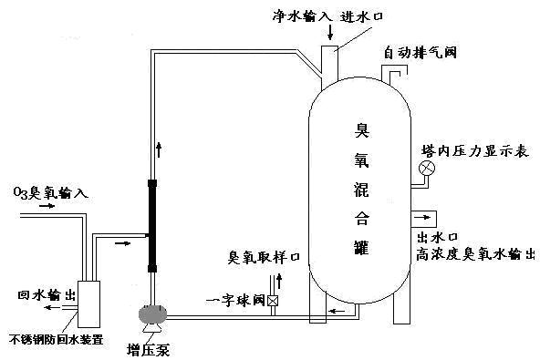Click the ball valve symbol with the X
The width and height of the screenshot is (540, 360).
coord(274,300)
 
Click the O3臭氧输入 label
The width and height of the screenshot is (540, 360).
coord(50,193)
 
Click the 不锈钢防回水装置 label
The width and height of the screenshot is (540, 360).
coord(57,339)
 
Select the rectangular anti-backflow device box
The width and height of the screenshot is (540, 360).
coord(90,303)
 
